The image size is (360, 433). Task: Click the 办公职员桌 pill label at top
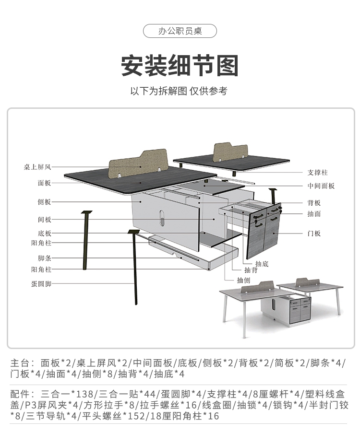pos(180,31)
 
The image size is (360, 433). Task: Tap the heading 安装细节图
pos(180,66)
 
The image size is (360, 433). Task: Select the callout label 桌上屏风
pos(37,167)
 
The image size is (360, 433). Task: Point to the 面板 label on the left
pos(44,183)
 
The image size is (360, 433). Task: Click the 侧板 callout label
pos(44,202)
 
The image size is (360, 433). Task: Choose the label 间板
pos(44,220)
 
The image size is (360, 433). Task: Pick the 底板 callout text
pos(44,234)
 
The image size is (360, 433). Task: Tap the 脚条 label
pos(44,257)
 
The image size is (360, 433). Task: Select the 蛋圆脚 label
pos(41,284)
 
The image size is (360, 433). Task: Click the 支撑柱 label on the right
pos(318,173)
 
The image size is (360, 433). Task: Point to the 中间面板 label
pos(321,186)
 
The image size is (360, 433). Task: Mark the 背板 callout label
pos(314,203)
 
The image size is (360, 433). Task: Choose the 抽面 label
pos(314,214)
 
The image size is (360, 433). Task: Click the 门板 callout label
pos(314,234)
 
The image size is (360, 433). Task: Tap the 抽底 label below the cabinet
pos(262,264)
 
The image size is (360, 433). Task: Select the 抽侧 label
pos(243,280)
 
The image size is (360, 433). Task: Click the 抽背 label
pos(252,270)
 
